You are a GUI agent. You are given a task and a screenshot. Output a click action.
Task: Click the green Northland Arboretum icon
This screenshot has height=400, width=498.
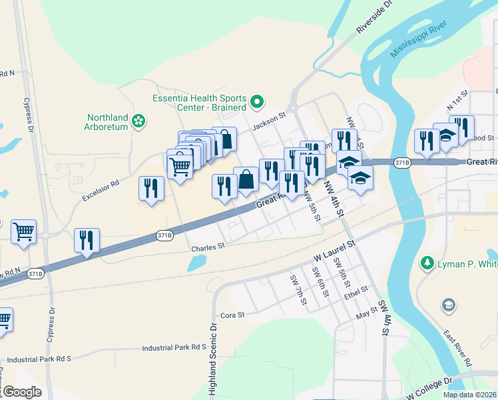pyautogui.click(x=138, y=121)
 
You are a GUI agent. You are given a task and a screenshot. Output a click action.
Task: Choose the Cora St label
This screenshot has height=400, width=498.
pyautogui.click(x=232, y=314)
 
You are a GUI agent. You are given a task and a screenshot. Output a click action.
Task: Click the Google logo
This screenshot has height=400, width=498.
pyautogui.click(x=22, y=391)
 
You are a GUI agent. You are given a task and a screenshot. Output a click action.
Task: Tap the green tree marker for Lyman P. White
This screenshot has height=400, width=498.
pyautogui.click(x=427, y=264)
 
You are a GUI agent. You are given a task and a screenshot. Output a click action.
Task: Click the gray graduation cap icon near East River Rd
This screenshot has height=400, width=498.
pyautogui.click(x=449, y=305)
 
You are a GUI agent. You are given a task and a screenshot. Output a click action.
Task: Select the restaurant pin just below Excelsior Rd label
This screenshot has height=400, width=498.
pyautogui.click(x=150, y=188)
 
